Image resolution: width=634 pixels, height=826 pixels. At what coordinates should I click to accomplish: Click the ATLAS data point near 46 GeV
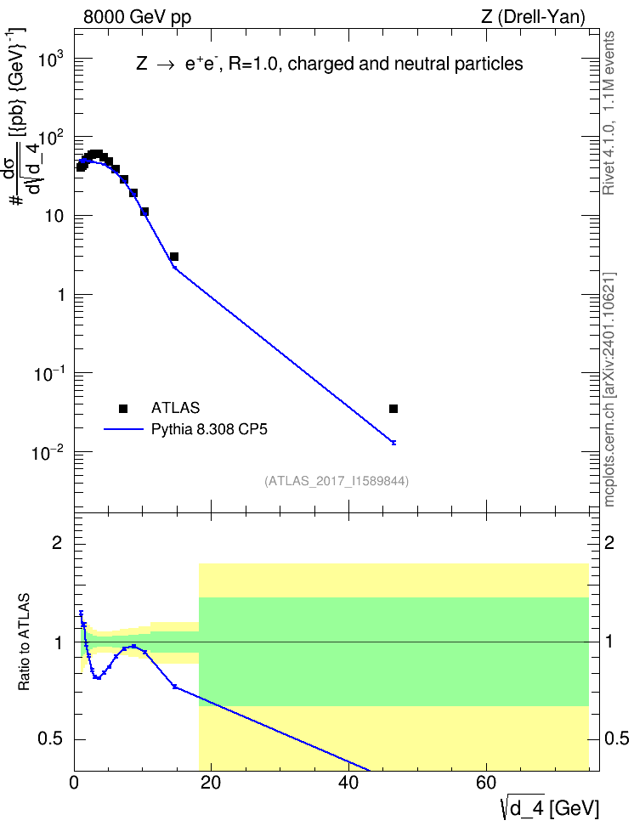point(393,409)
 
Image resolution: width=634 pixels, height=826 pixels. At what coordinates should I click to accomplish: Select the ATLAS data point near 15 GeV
point(174,257)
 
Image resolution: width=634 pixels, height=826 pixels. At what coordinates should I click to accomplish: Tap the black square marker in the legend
point(123,408)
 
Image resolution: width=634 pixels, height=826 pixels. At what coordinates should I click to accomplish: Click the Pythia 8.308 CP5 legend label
point(209,429)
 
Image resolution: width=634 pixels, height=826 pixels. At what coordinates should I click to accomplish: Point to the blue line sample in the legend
point(123,429)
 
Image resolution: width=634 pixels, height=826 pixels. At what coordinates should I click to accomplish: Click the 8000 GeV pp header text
point(137,17)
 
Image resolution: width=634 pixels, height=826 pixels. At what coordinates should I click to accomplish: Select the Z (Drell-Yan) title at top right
point(533,17)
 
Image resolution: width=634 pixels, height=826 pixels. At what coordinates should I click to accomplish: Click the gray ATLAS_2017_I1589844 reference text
point(337,480)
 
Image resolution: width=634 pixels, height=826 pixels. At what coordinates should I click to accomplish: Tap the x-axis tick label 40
point(348,783)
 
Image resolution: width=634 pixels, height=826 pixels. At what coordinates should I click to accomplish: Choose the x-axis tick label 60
point(485,783)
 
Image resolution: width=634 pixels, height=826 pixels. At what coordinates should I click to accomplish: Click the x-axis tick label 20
point(211,783)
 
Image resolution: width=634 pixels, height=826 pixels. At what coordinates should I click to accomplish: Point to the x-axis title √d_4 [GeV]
point(550,808)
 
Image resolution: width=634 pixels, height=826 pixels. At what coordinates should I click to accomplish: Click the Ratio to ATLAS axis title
point(24,642)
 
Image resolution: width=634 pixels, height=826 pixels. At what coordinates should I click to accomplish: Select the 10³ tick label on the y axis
point(52,59)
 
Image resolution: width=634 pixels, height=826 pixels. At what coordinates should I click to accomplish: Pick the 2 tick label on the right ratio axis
point(609,543)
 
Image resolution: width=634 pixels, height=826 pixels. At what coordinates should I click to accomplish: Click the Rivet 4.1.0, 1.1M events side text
point(609,113)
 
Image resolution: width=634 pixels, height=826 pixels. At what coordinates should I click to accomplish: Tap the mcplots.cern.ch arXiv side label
point(609,390)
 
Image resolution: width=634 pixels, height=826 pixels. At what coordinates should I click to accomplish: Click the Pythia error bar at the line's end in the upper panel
point(393,443)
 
